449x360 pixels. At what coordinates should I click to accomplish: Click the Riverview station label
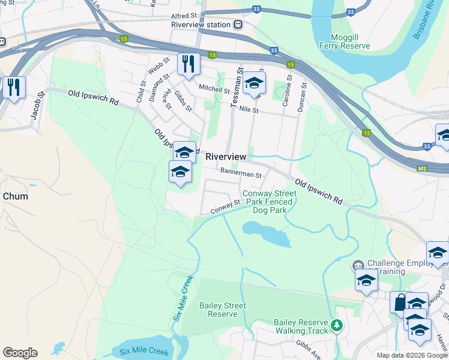(200, 25)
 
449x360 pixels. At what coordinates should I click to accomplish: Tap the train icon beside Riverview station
(238, 25)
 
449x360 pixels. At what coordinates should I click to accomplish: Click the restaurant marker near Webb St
(188, 64)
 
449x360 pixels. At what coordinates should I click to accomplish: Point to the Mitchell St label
(214, 89)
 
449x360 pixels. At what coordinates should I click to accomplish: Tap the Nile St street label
(248, 110)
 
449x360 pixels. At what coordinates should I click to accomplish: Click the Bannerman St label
(241, 175)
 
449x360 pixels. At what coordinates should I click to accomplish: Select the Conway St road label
(225, 206)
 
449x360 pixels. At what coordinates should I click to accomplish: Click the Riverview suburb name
(226, 157)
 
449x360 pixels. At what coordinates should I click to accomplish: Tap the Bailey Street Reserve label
(227, 310)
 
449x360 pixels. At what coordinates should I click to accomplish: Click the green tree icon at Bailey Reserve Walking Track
(337, 326)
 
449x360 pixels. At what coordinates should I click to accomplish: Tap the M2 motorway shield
(423, 169)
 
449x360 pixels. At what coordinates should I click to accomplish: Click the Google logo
(20, 353)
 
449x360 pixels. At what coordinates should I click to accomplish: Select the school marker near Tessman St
(255, 83)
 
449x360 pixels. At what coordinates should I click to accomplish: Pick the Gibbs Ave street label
(308, 346)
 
